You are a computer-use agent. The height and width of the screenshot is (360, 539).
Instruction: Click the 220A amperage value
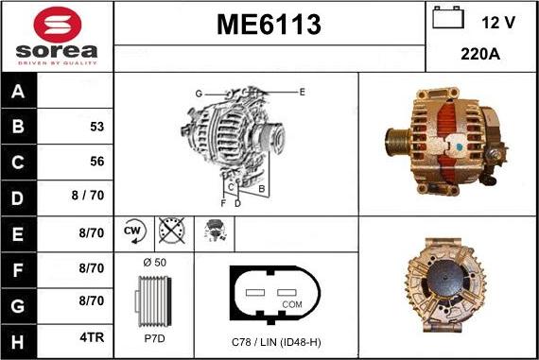pos(480,55)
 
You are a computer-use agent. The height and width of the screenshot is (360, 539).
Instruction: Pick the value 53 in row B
pos(96,126)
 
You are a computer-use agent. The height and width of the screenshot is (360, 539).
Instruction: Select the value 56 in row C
pos(96,162)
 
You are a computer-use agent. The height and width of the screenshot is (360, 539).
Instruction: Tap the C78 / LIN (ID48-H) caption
pos(276,341)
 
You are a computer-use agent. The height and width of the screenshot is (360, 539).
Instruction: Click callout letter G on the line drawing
pos(199,94)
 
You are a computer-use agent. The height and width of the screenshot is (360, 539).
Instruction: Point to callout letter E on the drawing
pos(302,92)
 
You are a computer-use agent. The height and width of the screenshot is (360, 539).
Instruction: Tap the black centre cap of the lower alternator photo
pos(446,284)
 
